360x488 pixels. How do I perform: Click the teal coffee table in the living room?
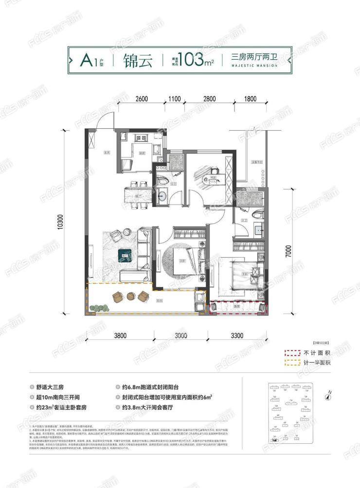[126, 253]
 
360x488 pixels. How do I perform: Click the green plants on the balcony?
[98, 307]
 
